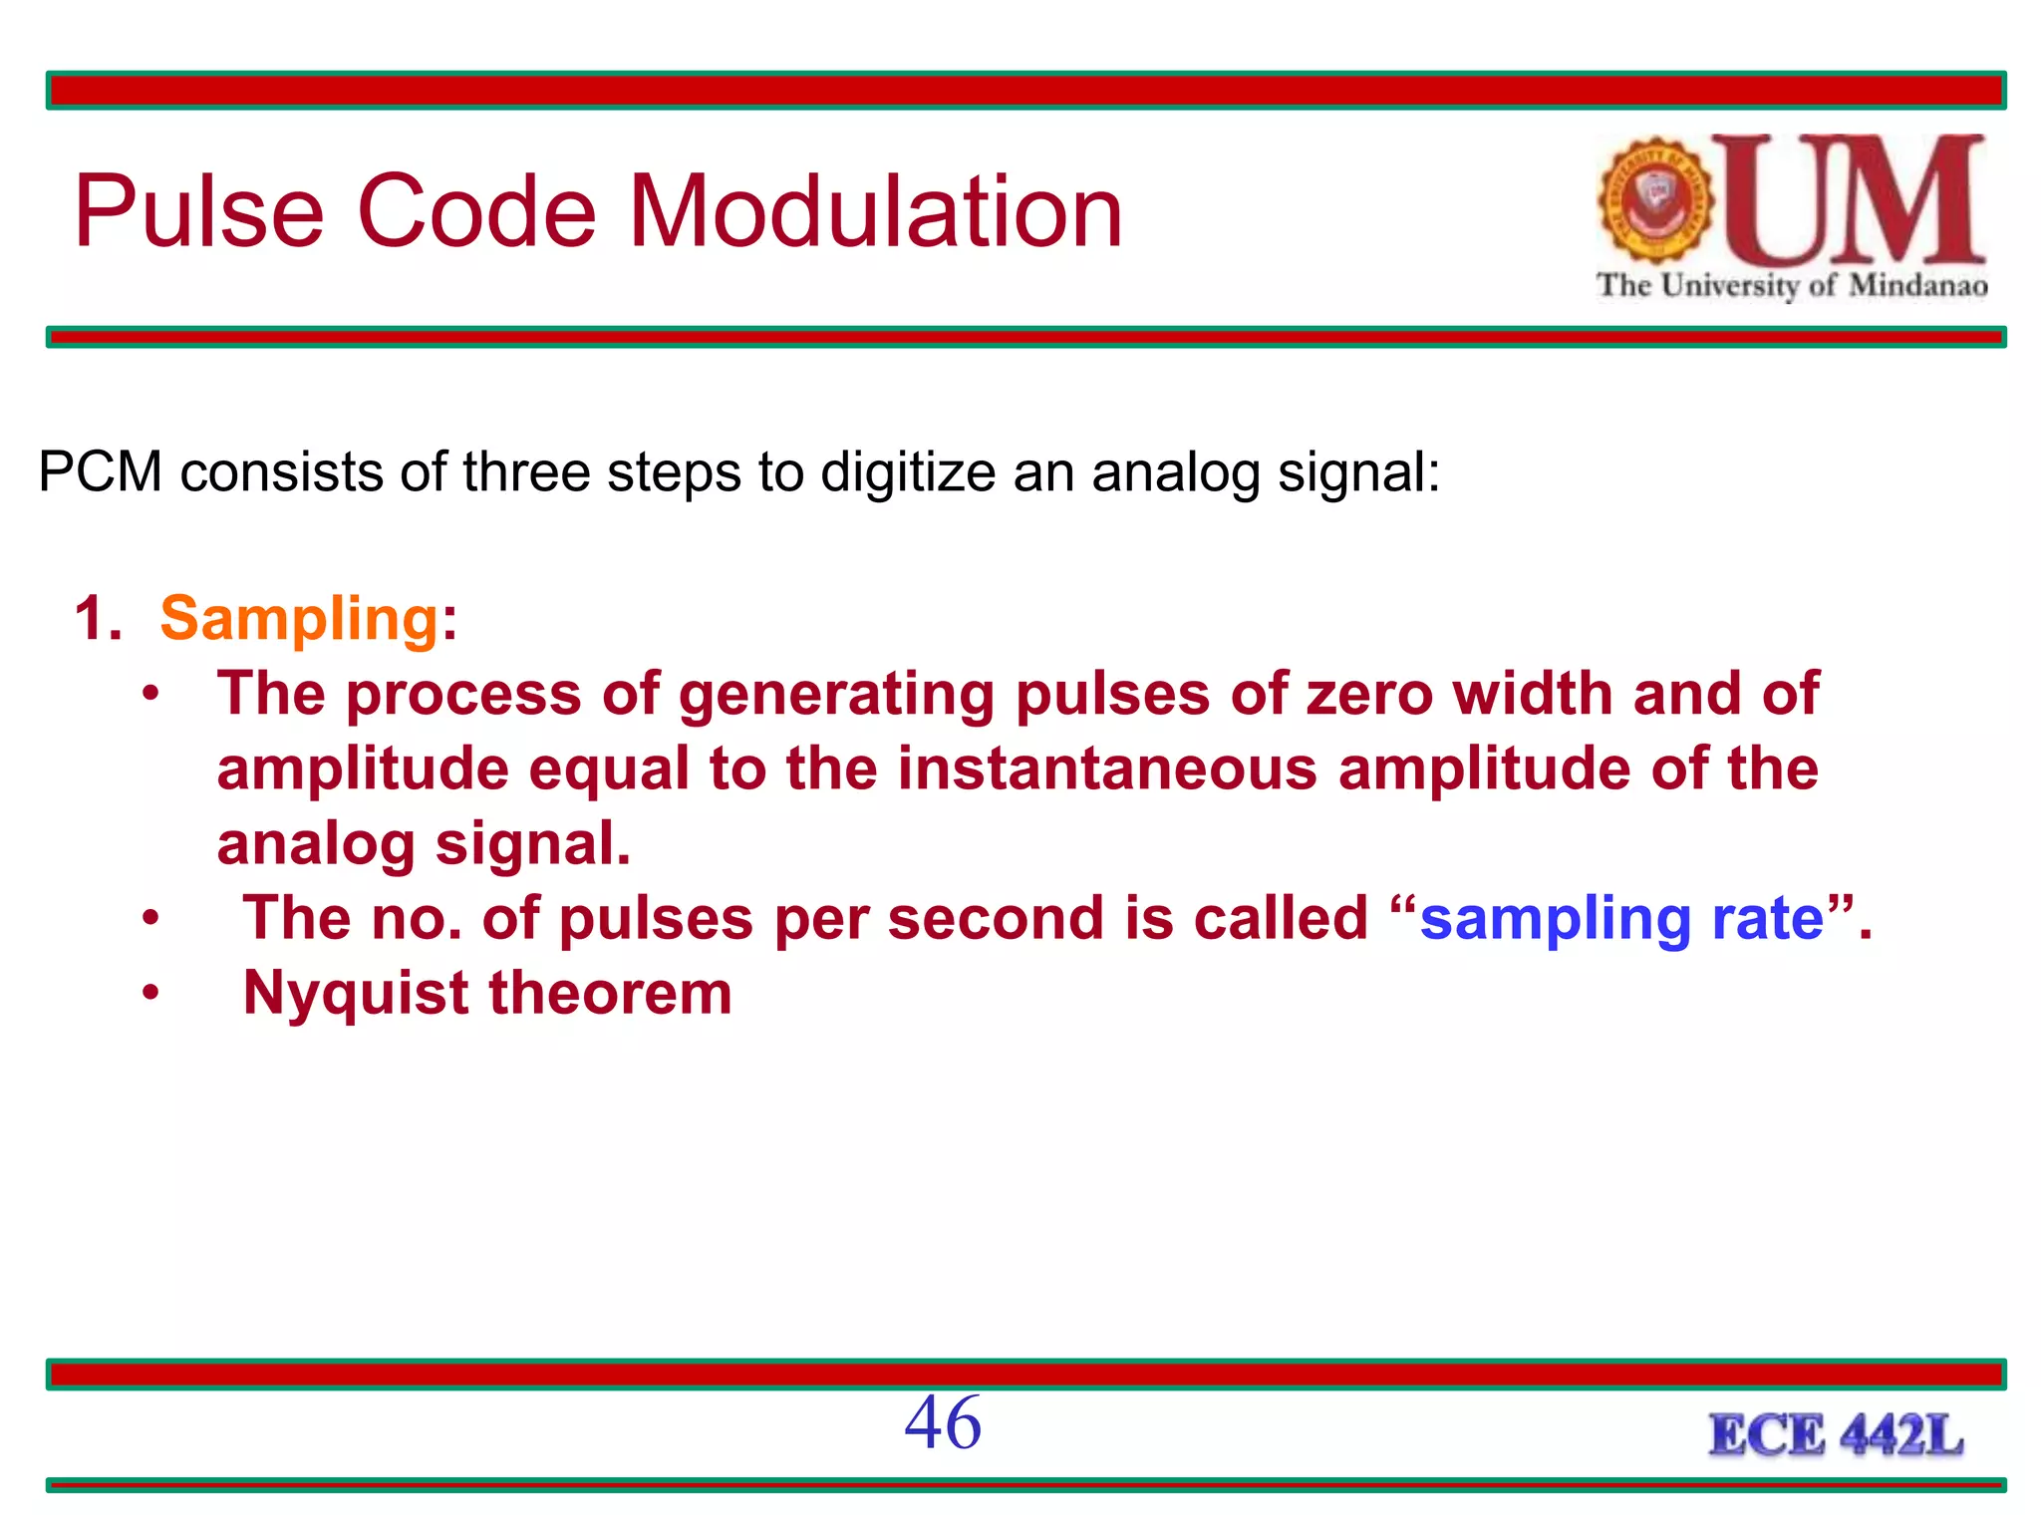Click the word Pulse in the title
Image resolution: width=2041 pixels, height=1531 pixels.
coord(199,211)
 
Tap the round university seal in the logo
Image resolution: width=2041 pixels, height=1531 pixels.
coord(1655,200)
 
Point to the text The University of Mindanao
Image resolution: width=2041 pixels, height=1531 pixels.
coord(1792,286)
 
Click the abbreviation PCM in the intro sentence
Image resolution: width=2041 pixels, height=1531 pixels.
coord(100,471)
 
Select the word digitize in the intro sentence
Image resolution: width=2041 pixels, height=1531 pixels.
coord(908,473)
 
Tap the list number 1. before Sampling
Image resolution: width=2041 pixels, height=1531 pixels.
coord(98,619)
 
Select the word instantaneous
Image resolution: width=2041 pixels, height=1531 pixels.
coord(1107,769)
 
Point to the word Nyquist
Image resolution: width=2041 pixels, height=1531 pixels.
coord(356,995)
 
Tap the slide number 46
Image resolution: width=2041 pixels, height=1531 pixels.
coord(942,1423)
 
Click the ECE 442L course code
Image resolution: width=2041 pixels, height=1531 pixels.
coord(1836,1436)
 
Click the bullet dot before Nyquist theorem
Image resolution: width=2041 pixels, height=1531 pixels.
coord(149,993)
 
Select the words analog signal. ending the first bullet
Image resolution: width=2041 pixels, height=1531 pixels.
coord(424,845)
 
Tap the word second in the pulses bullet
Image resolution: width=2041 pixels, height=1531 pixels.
coord(996,919)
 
